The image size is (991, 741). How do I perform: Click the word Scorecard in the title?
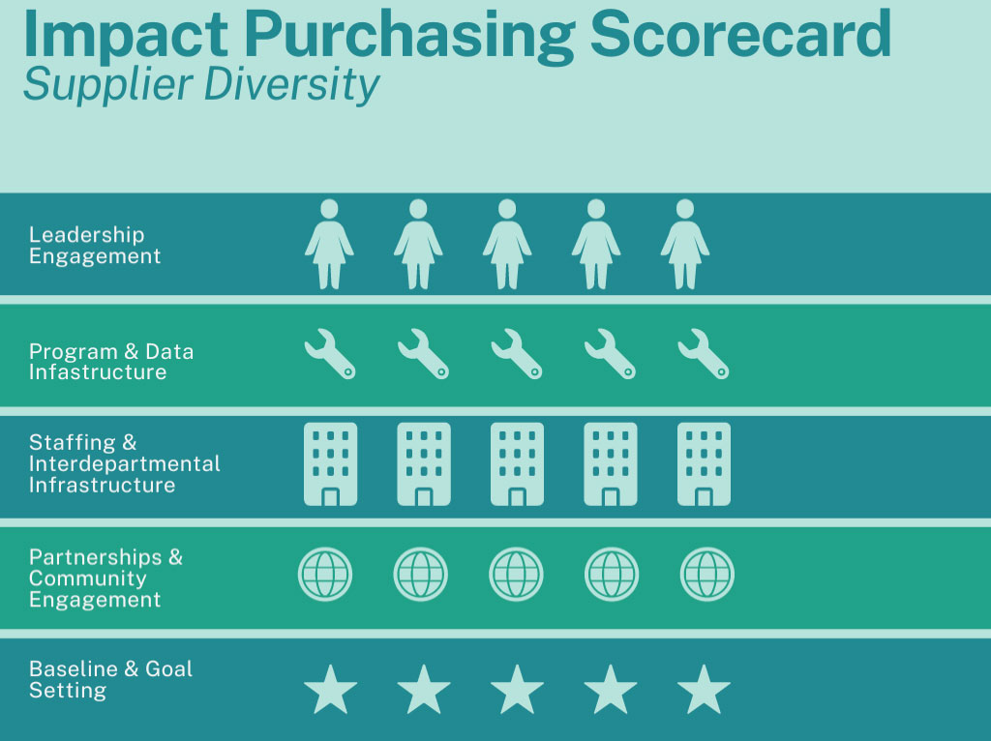point(740,34)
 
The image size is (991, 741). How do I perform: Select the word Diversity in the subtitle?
point(291,85)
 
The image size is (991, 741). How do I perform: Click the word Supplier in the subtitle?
point(108,85)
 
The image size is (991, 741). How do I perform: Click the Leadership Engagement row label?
point(95,245)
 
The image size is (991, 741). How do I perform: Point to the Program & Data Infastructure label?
point(111,362)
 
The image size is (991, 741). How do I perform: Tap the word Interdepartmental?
point(125,463)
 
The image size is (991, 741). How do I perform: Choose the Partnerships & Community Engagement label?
point(105,578)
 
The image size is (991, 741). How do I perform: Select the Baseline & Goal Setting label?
point(110,679)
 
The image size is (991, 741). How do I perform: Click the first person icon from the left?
point(329,245)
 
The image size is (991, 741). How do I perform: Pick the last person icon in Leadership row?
point(685,245)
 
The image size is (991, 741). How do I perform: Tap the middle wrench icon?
point(517,354)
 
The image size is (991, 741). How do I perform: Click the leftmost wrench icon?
point(330,354)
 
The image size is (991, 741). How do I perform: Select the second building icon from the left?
point(424,464)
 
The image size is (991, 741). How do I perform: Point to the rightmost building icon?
point(704,464)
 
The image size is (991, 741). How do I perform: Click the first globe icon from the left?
point(325,575)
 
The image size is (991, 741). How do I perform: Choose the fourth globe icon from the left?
point(612,575)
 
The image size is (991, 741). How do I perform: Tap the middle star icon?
point(517,690)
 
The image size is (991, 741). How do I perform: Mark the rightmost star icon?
point(704,690)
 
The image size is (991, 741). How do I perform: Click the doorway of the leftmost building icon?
point(331,497)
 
